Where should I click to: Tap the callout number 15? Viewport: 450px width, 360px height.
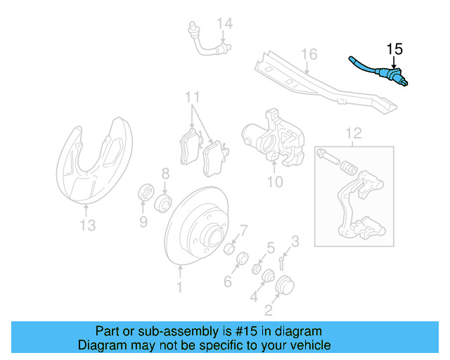[x=394, y=49]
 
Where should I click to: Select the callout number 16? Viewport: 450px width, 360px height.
[x=309, y=55]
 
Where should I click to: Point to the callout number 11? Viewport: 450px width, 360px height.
[x=193, y=96]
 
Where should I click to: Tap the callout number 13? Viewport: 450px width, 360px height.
[x=87, y=226]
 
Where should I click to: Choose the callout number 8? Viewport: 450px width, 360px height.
[x=165, y=173]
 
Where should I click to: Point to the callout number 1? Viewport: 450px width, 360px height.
[x=179, y=287]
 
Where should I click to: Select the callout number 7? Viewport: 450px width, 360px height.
[x=243, y=231]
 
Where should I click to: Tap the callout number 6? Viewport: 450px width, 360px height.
[x=228, y=282]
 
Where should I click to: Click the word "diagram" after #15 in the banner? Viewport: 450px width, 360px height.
[x=298, y=331]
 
